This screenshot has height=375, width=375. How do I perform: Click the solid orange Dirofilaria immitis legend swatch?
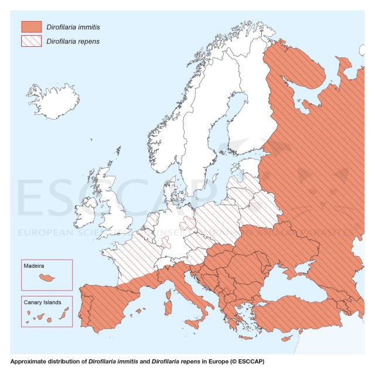(32, 26)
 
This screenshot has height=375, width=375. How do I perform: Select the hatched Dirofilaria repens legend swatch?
(32, 42)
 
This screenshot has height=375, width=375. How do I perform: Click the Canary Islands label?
(42, 302)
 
